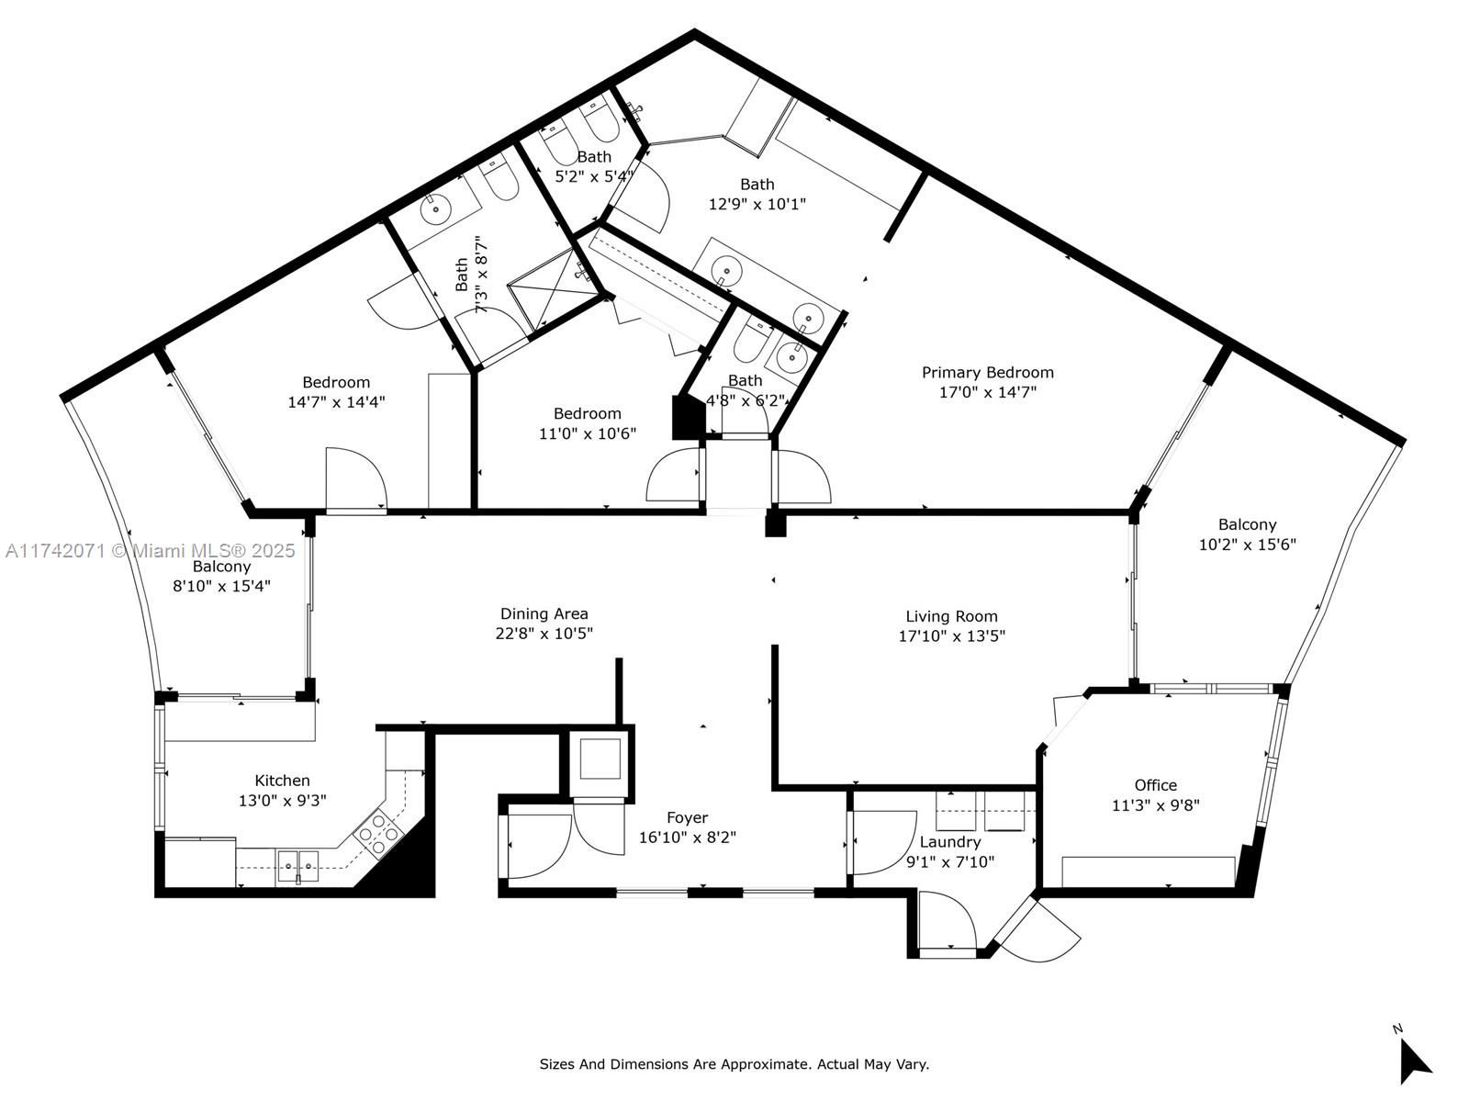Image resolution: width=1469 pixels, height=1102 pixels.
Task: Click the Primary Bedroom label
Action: [x=987, y=372]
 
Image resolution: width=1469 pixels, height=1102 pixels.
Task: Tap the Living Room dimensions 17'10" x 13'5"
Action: [x=951, y=635]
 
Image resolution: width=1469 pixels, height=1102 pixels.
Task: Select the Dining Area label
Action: [x=544, y=613]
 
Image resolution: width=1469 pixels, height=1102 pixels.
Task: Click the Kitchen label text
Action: [x=282, y=781]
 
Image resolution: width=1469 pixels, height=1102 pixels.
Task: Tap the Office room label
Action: [x=1155, y=785]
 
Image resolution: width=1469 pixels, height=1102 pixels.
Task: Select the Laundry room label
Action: [x=950, y=842]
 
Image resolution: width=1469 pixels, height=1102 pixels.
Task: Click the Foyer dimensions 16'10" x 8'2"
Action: [x=687, y=838]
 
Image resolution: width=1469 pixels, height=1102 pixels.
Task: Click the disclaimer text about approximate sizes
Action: [x=734, y=1064]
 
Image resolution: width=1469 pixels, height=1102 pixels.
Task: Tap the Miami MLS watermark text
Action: [x=151, y=550]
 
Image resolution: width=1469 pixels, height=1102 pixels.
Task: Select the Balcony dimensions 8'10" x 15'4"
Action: [x=221, y=586]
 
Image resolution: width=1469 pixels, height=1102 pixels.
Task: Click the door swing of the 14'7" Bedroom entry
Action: [x=356, y=478]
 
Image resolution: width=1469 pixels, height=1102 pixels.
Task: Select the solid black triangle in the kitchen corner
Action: [x=404, y=863]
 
